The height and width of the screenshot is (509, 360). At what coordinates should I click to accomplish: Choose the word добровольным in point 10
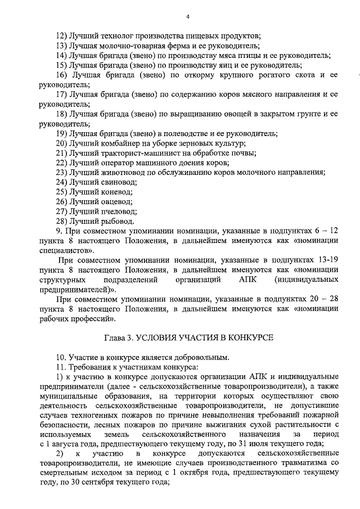click(204, 357)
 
